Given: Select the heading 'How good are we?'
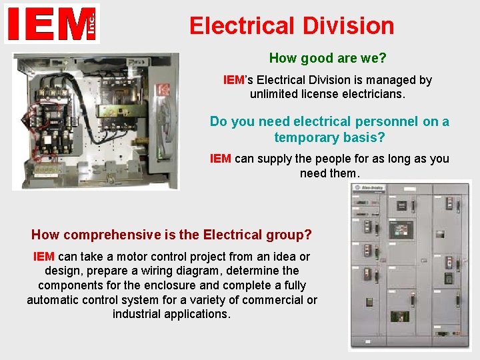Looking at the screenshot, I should coord(327,59).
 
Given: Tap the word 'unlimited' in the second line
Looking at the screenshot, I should coord(277,94).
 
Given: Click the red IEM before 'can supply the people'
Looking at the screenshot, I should coord(220,159).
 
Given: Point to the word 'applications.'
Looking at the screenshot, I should coord(171,314).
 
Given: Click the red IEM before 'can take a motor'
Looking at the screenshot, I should coord(44,257).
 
